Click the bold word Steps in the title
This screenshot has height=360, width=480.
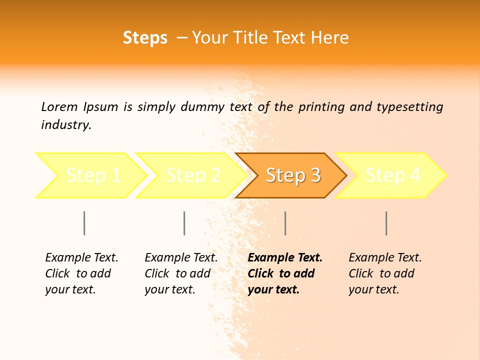pyautogui.click(x=145, y=38)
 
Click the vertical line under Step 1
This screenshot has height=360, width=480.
pyautogui.click(x=84, y=223)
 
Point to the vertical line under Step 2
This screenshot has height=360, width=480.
pyautogui.click(x=184, y=223)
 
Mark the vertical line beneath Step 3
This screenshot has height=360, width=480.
pyautogui.click(x=285, y=223)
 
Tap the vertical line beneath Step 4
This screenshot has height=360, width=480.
pyautogui.click(x=386, y=223)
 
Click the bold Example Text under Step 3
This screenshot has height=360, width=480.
pyautogui.click(x=284, y=273)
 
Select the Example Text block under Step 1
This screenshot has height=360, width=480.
pyautogui.click(x=81, y=273)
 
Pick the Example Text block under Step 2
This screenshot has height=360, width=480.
pyautogui.click(x=181, y=273)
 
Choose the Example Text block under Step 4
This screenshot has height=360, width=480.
pyautogui.click(x=385, y=273)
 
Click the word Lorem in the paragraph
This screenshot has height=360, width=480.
pyautogui.click(x=59, y=106)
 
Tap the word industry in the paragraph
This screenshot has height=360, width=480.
pyautogui.click(x=66, y=125)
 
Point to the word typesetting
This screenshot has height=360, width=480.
pyautogui.click(x=409, y=107)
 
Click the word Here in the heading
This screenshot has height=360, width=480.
pyautogui.click(x=330, y=38)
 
